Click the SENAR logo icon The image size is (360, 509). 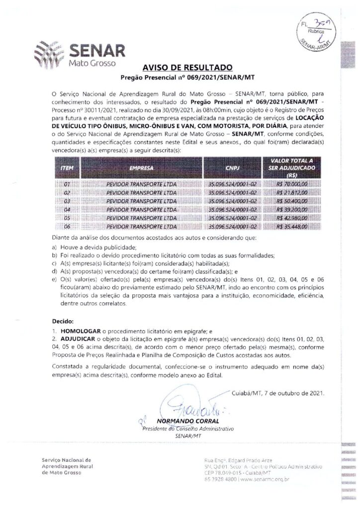49,53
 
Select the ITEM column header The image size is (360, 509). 67,168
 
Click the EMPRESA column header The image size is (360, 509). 141,168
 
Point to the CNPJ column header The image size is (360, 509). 233,168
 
